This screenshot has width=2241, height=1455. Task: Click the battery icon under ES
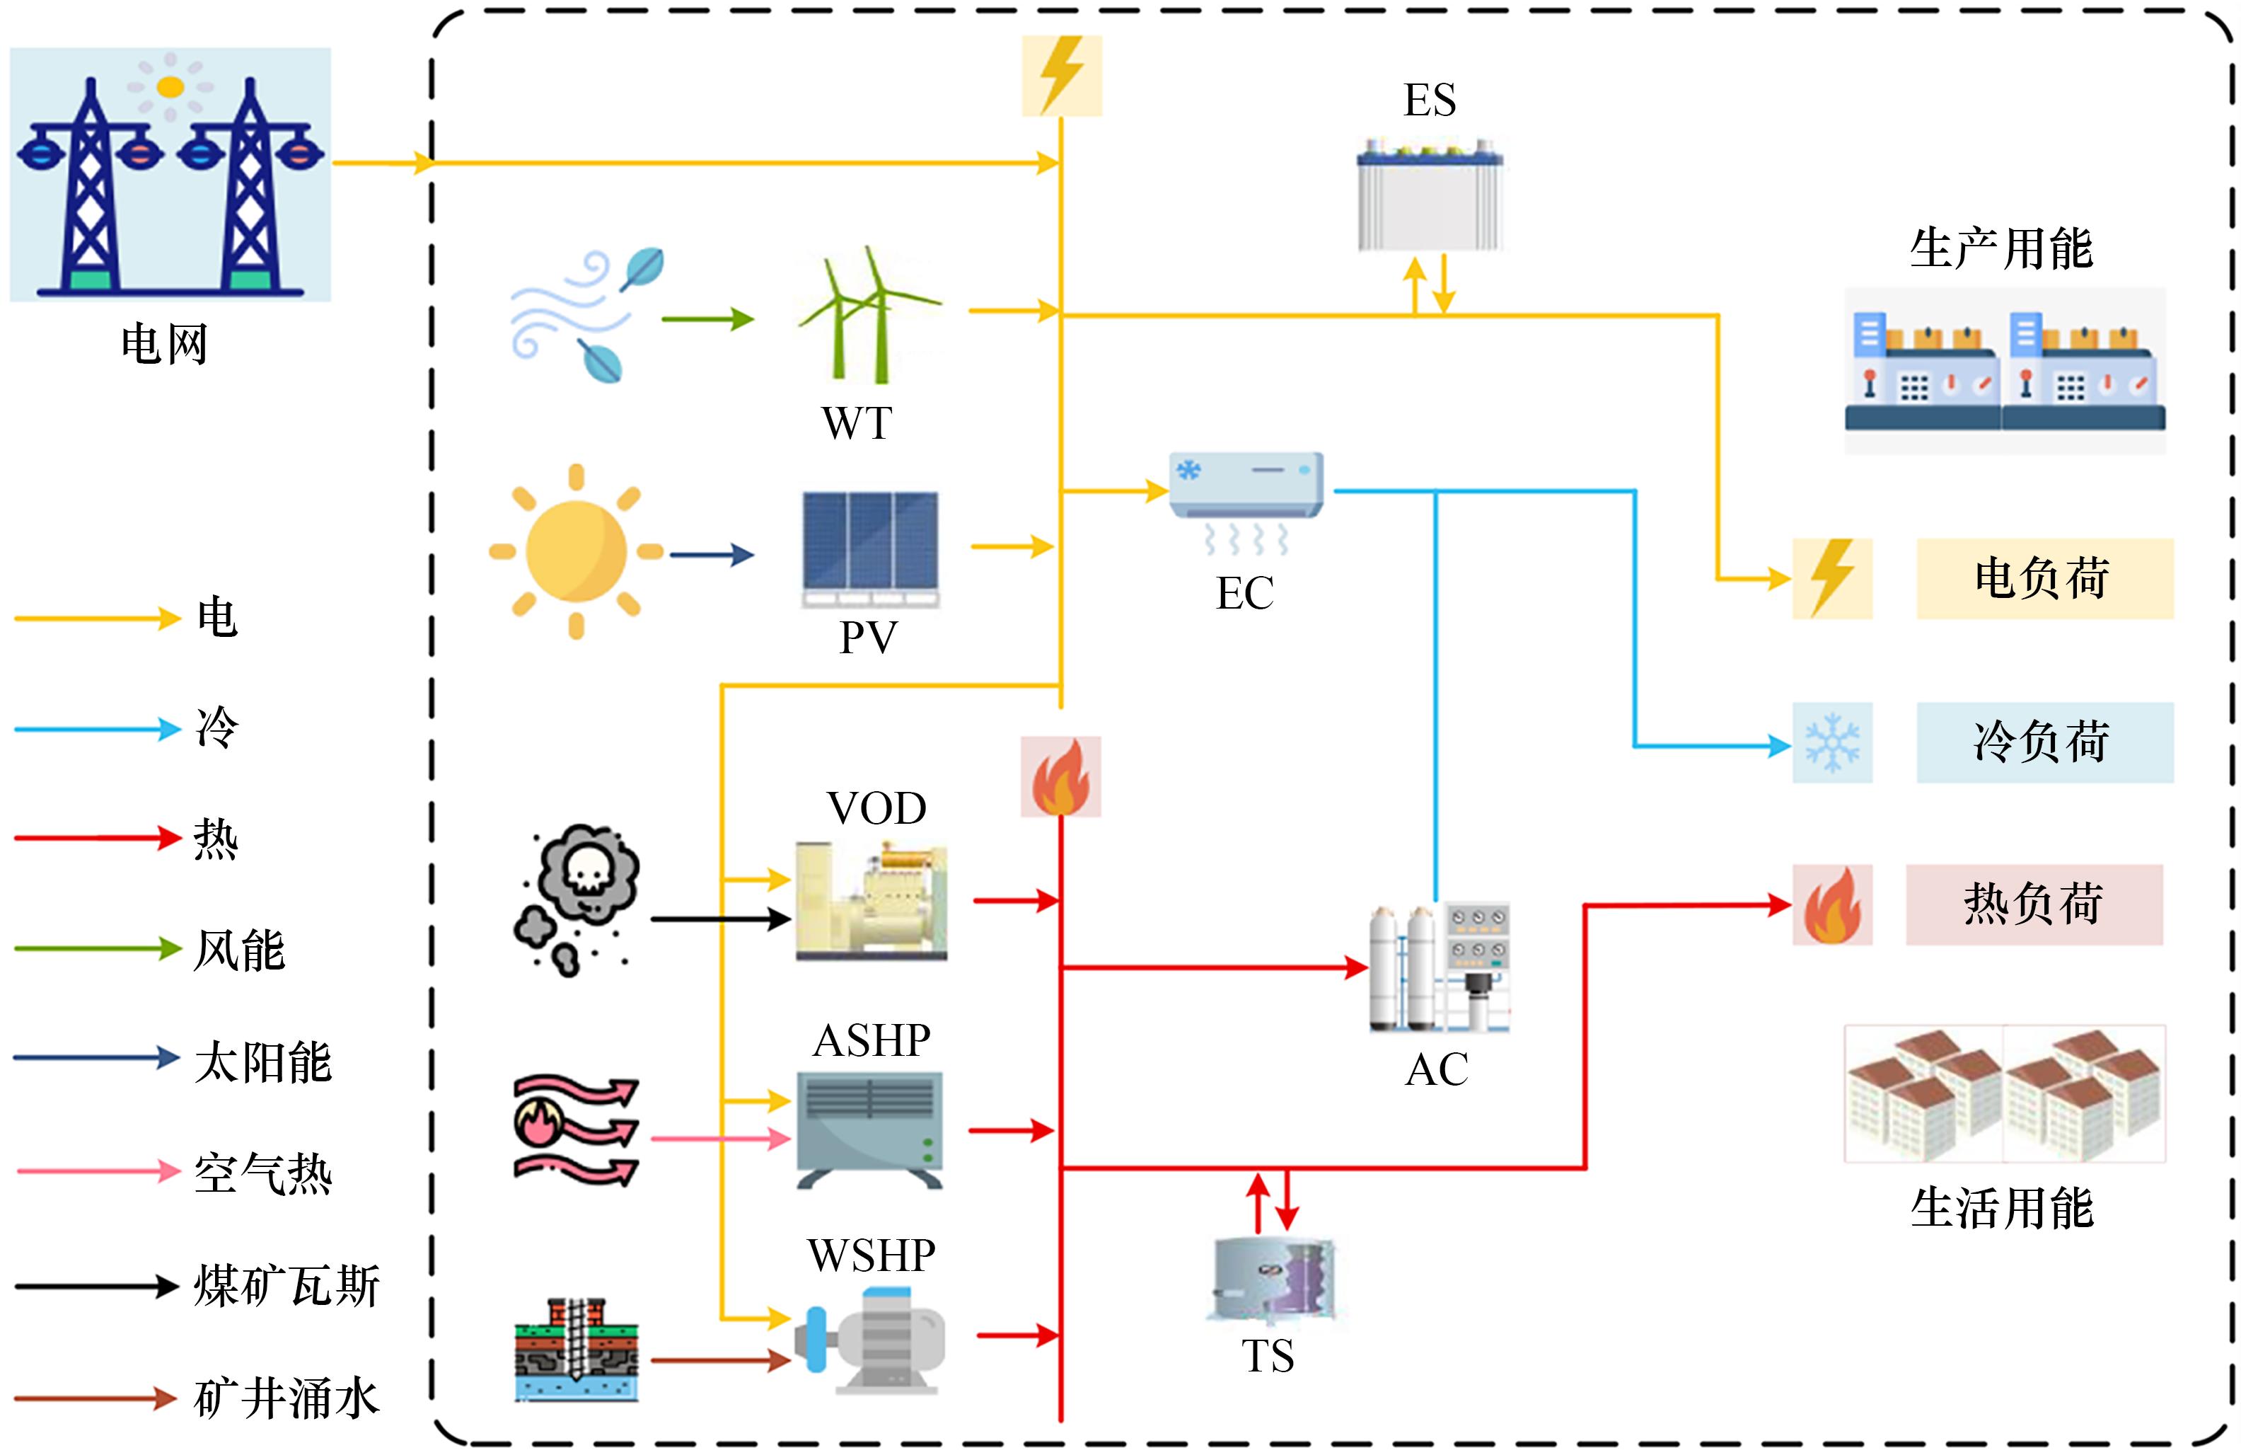click(x=1430, y=195)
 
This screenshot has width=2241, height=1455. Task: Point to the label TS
click(x=1268, y=1356)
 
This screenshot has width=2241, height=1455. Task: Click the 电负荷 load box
click(x=2044, y=578)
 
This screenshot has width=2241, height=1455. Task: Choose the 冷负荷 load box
click(x=2044, y=742)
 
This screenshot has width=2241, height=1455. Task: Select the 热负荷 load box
click(x=2034, y=905)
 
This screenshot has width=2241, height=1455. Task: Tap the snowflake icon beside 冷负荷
click(x=1831, y=743)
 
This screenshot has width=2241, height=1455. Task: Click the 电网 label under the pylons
click(x=165, y=344)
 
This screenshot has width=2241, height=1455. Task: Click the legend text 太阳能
click(x=262, y=1062)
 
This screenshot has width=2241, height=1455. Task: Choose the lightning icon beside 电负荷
click(x=1831, y=578)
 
